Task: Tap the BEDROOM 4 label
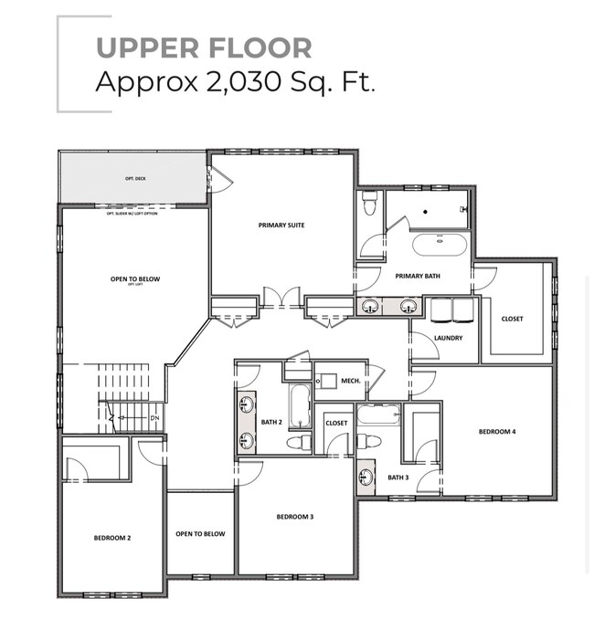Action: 497,431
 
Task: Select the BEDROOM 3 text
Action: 295,517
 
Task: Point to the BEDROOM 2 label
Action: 112,538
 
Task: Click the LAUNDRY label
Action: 448,338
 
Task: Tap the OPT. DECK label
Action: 134,179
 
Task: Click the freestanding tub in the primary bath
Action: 440,245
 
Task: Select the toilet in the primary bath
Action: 369,203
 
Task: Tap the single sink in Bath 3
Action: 366,477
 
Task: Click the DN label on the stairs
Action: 154,419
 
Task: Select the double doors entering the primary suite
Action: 281,296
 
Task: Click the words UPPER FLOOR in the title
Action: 204,47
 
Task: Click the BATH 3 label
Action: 398,477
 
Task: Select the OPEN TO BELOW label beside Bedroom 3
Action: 200,534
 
